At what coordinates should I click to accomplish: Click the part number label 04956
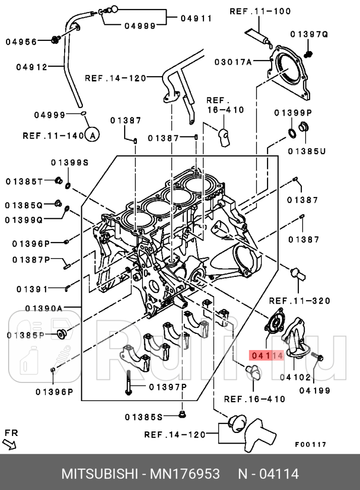(21, 42)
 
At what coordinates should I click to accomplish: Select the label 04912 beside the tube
(31, 67)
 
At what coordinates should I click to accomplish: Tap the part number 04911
(196, 18)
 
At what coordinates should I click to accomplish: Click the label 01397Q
(309, 34)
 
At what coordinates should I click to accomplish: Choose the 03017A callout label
(233, 62)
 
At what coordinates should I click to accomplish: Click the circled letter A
(91, 135)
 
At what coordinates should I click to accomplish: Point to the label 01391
(32, 289)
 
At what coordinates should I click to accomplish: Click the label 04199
(315, 390)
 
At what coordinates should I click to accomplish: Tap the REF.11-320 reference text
(299, 301)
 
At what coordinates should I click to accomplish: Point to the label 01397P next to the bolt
(168, 386)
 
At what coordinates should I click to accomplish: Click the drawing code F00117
(311, 445)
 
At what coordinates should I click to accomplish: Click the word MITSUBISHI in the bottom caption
(99, 474)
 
